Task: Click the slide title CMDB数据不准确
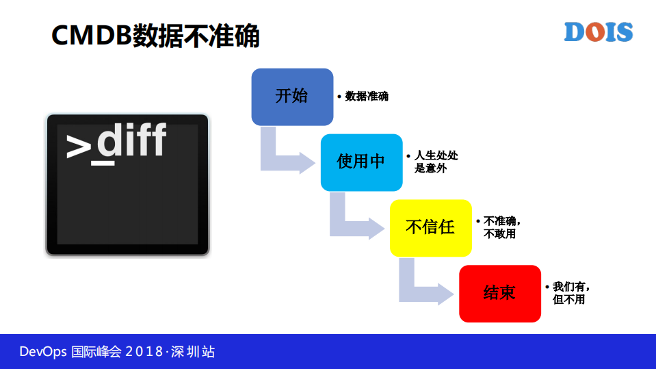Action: pyautogui.click(x=156, y=36)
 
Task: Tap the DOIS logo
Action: pyautogui.click(x=598, y=32)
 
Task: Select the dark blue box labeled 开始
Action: pyautogui.click(x=292, y=97)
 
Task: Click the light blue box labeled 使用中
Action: pyautogui.click(x=361, y=162)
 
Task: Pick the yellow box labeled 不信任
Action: pyautogui.click(x=430, y=227)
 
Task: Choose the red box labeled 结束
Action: pyautogui.click(x=499, y=293)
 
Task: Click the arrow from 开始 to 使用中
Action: pyautogui.click(x=284, y=156)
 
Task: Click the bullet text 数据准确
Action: pyautogui.click(x=367, y=97)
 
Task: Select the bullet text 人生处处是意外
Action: pyautogui.click(x=436, y=162)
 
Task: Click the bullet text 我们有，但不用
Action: pyautogui.click(x=570, y=293)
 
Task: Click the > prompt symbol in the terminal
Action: pyautogui.click(x=79, y=146)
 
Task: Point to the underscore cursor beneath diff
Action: pyautogui.click(x=103, y=163)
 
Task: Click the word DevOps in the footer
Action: pyautogui.click(x=43, y=352)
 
